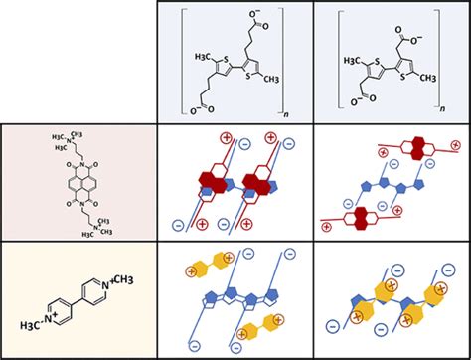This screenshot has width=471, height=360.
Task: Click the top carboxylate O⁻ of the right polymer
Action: (x=415, y=18)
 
